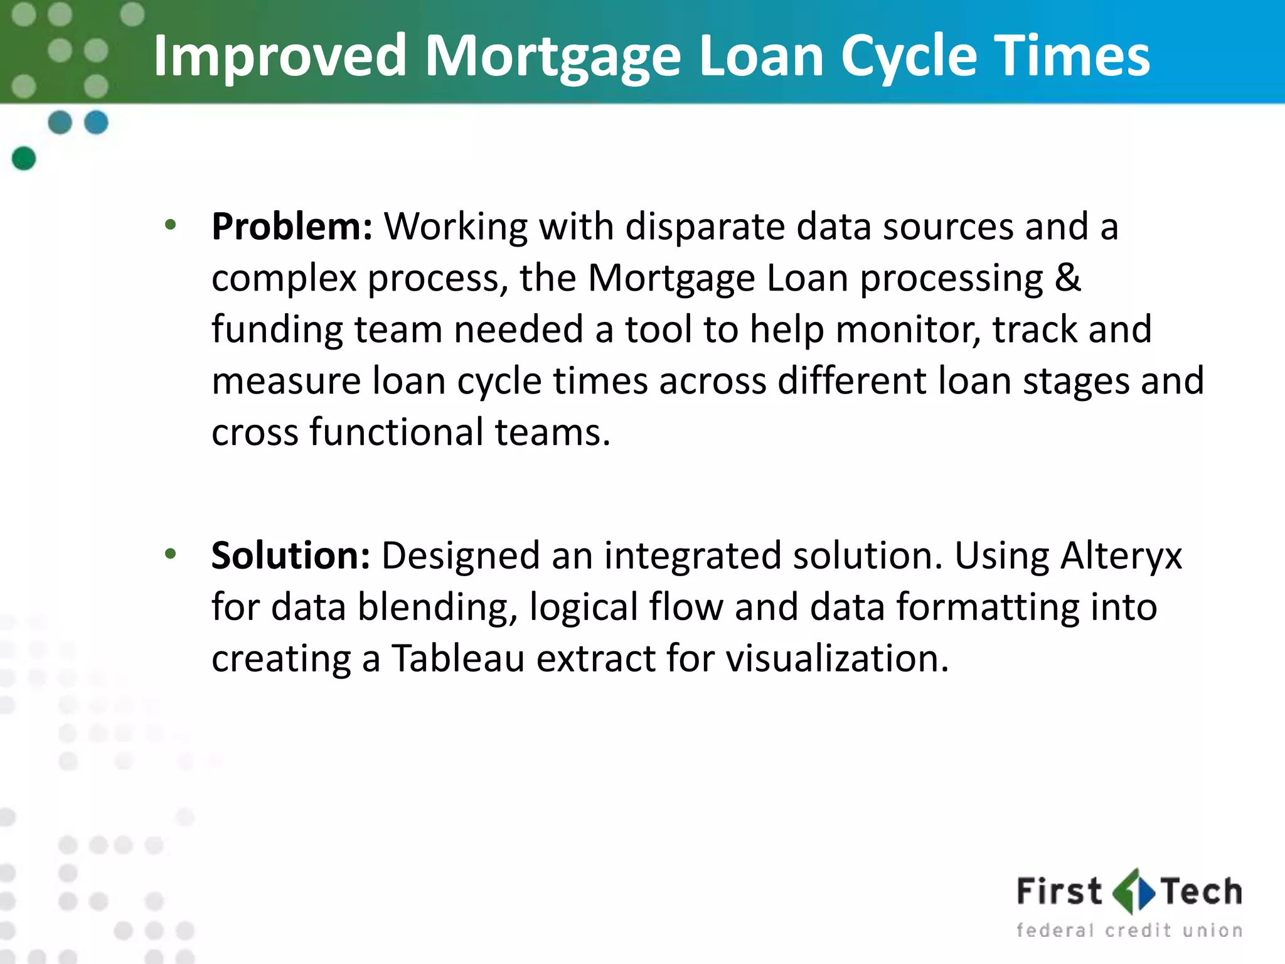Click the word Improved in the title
click(280, 56)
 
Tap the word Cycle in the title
click(909, 56)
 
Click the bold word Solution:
click(291, 555)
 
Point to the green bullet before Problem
click(170, 225)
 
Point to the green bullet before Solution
click(170, 554)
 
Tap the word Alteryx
click(1121, 557)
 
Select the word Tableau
click(458, 658)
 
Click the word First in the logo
click(1058, 892)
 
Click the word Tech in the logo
click(1201, 892)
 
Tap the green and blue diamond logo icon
click(1133, 891)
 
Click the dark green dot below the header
click(24, 158)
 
